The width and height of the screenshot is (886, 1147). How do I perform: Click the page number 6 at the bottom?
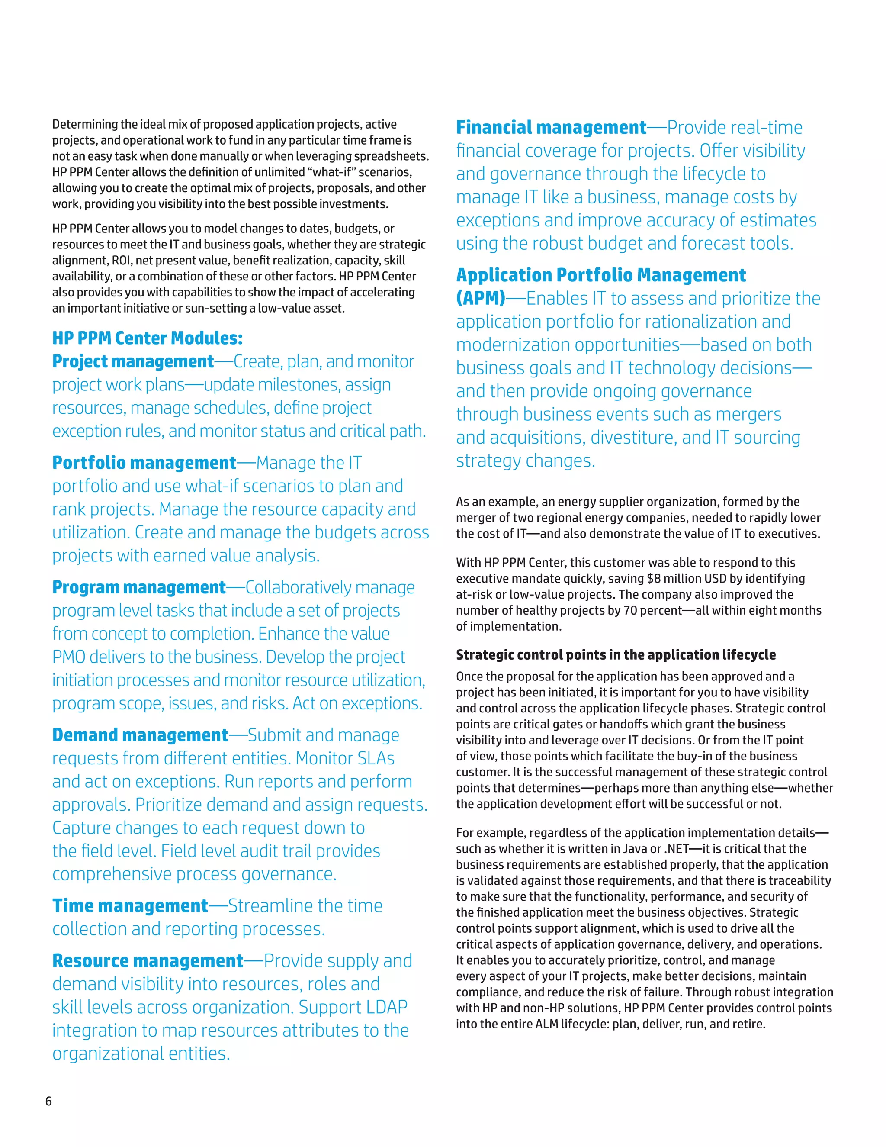[x=49, y=1101]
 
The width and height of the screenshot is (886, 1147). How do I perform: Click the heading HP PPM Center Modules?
[x=147, y=338]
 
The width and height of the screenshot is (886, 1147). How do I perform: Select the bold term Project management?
[x=133, y=361]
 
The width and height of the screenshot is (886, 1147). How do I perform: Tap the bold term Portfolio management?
[x=144, y=463]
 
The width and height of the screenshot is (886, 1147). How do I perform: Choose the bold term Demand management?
[x=140, y=735]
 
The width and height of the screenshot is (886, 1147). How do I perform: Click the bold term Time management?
[x=130, y=905]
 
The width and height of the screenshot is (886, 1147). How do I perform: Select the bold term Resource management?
[x=148, y=960]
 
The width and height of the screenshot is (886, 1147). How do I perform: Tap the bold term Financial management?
[x=551, y=128]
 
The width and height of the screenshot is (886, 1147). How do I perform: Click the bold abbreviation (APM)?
[x=480, y=298]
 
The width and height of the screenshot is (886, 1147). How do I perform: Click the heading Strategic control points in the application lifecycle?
[x=615, y=655]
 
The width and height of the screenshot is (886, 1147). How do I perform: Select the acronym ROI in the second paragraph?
[x=122, y=261]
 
